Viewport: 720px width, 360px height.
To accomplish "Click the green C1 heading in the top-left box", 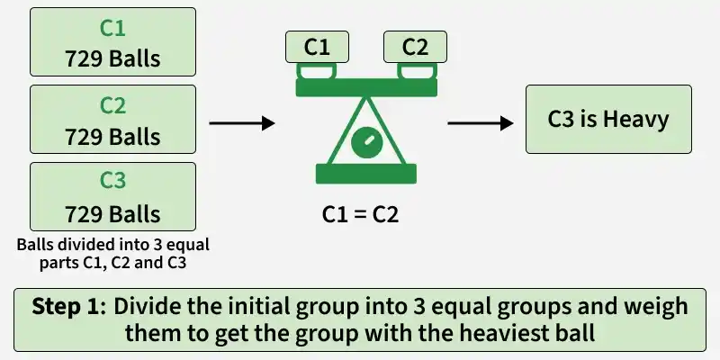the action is point(112,29).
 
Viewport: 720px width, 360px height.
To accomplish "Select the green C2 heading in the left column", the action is point(112,106).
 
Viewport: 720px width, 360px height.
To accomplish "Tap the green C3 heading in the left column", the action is point(112,181).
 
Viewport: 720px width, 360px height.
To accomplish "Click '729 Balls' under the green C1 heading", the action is point(112,59).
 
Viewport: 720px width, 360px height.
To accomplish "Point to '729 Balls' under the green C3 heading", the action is point(112,214).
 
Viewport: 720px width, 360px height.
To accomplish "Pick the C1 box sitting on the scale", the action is point(317,47).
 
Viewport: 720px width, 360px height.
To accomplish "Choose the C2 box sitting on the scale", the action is point(415,47).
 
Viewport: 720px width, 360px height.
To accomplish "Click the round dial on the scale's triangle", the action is point(366,142).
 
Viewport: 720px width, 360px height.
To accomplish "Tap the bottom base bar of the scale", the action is point(366,174).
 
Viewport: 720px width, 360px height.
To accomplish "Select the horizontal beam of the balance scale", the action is point(366,87).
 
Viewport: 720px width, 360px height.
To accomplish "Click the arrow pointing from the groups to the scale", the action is point(242,123).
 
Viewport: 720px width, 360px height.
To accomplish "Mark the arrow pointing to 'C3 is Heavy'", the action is point(481,123).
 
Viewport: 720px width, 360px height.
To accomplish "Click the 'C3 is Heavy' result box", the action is point(608,120).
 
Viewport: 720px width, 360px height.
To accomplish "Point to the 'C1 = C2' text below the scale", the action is point(361,214).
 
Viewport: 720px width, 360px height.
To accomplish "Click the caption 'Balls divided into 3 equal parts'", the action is point(112,254).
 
